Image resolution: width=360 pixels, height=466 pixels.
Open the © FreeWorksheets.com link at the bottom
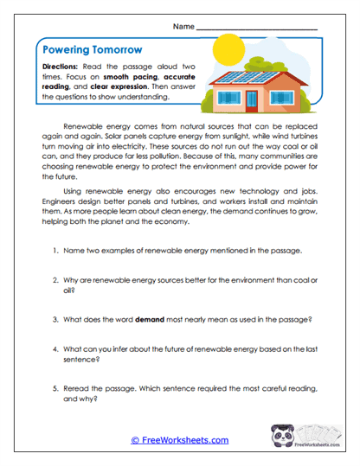(179, 440)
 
